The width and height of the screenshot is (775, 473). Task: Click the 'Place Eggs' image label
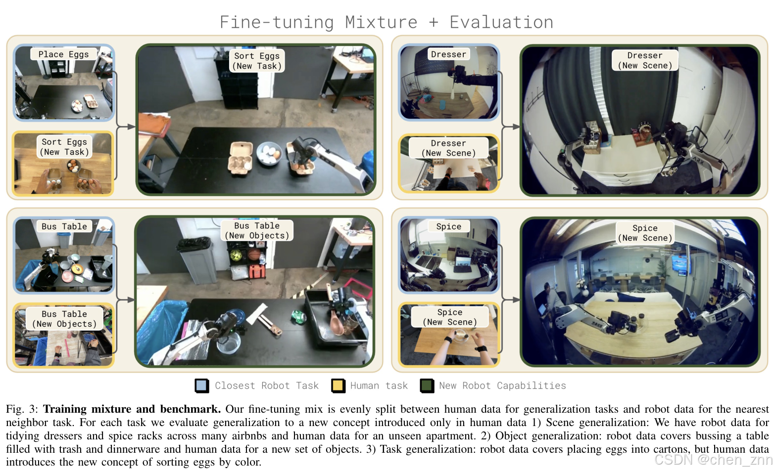point(63,54)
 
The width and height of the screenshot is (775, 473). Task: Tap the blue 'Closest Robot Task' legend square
point(202,386)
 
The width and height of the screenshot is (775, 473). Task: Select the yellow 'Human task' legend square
point(338,386)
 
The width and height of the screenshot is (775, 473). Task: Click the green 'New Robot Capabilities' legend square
point(427,386)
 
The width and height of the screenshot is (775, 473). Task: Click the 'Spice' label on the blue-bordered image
point(449,226)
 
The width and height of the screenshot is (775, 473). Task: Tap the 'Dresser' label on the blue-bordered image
point(449,54)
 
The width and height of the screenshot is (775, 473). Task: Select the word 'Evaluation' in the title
point(501,22)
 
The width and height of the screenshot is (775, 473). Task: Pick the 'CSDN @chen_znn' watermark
point(714,460)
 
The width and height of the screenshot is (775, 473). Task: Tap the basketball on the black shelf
point(254,255)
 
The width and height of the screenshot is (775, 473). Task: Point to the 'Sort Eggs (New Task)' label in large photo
point(257,61)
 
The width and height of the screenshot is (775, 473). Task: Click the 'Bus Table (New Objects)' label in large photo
point(257,230)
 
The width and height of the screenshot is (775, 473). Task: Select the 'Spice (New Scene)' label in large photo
point(645,233)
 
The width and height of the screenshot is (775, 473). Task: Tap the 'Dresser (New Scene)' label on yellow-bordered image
point(448,148)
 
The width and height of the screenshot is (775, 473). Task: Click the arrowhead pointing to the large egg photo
point(131,127)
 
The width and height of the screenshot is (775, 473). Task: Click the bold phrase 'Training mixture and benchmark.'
point(132,409)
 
